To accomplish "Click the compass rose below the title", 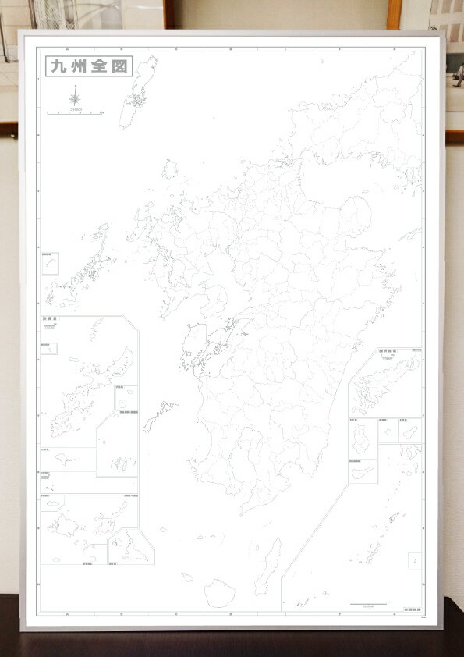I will [75, 98].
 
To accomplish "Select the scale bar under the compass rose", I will [75, 114].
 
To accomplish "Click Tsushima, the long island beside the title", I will [138, 91].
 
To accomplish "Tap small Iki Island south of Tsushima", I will [169, 169].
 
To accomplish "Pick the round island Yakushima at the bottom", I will [220, 592].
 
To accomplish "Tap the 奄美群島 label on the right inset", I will [388, 352].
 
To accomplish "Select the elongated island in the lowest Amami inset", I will [363, 473].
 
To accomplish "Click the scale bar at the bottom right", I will [369, 604].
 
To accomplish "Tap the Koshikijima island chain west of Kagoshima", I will [159, 414].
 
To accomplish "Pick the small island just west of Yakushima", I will [187, 578].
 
